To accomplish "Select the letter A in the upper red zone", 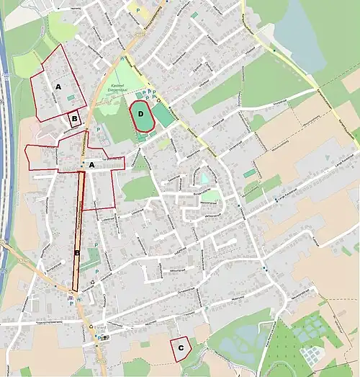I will pyautogui.click(x=58, y=86).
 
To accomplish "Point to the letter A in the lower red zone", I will pyautogui.click(x=91, y=164).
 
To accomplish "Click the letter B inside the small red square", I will pyautogui.click(x=73, y=117).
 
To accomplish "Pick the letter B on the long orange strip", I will pyautogui.click(x=76, y=253).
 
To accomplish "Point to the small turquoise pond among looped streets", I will pyautogui.click(x=205, y=177).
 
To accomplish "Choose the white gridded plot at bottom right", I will pyautogui.click(x=314, y=354).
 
